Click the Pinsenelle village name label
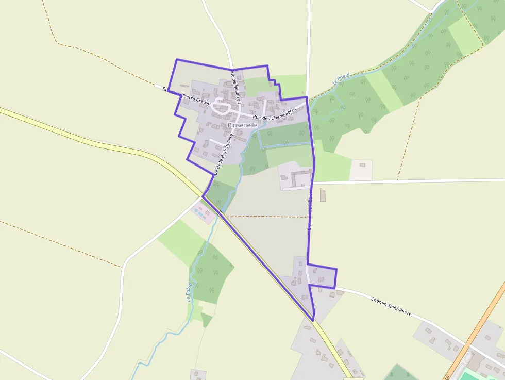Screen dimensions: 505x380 242,125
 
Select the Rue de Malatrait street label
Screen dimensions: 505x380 234,88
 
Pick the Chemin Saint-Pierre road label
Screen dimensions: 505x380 391,306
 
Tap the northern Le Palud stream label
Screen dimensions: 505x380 341,78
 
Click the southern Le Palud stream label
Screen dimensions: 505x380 189,292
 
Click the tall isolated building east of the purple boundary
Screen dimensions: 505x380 323,195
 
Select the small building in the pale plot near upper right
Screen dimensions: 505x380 362,165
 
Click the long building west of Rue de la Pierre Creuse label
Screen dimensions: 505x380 184,86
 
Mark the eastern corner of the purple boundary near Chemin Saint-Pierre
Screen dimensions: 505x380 336,270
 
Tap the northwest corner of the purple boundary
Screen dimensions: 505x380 177,60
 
